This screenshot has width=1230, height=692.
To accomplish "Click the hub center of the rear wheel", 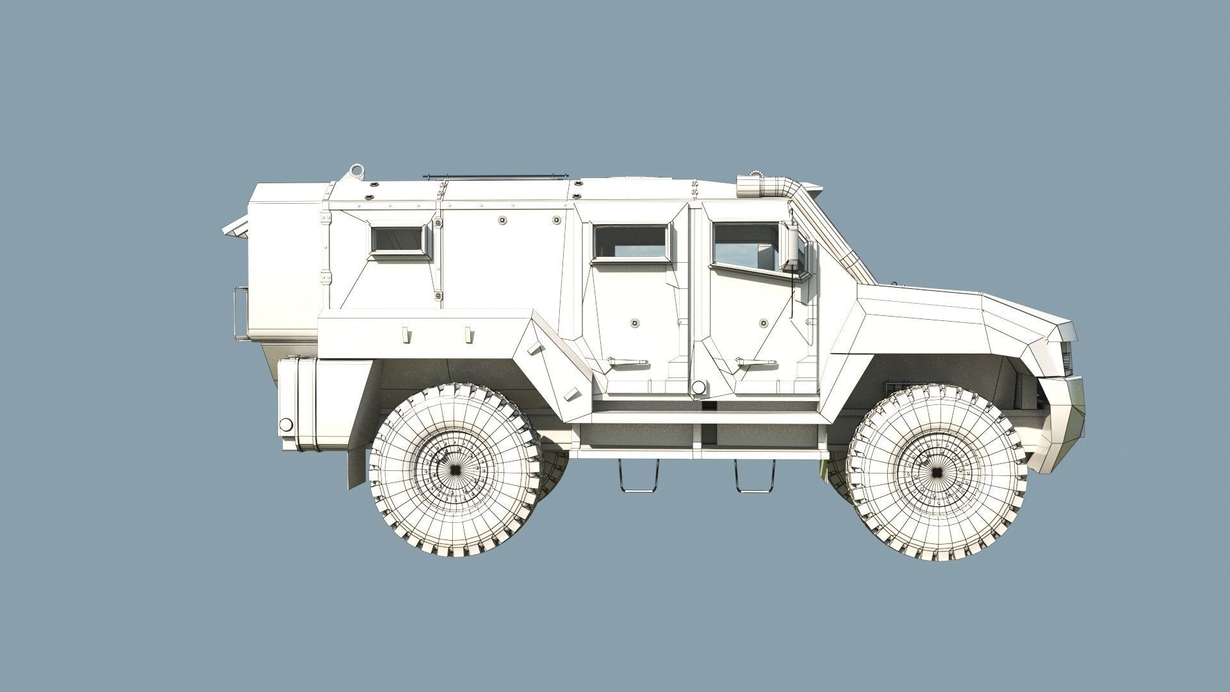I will (x=455, y=470).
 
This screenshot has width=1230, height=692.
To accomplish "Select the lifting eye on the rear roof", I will (x=356, y=174).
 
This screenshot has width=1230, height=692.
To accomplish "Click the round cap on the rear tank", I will (x=286, y=424).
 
